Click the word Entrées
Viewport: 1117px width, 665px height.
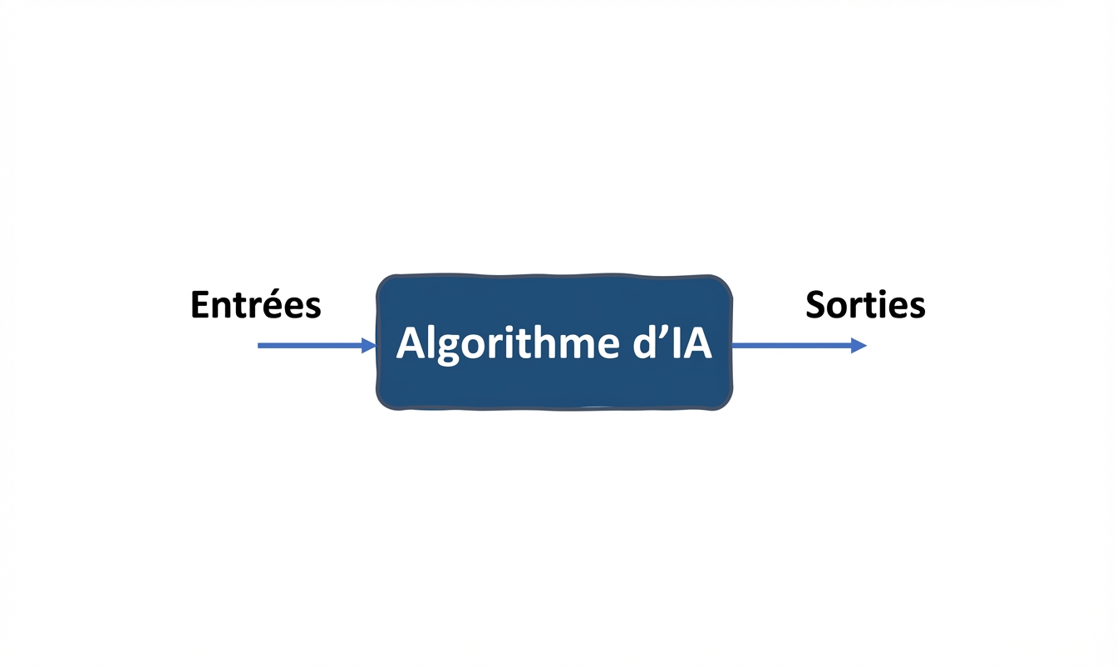[x=255, y=305]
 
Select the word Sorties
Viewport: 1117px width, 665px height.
[x=865, y=305]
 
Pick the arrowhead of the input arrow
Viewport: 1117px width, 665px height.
[x=369, y=345]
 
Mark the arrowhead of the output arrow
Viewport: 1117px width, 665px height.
[x=859, y=345]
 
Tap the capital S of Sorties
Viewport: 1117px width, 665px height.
[x=816, y=305]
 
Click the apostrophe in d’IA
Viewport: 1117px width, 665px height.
[x=655, y=332]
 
